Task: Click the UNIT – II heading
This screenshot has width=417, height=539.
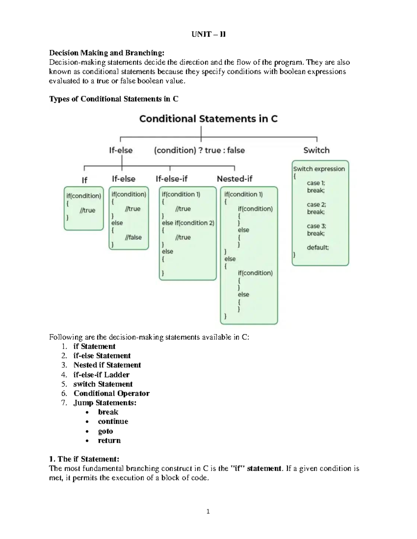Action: [208, 34]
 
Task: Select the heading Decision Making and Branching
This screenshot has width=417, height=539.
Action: [106, 53]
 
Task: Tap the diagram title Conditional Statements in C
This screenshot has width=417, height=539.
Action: [208, 119]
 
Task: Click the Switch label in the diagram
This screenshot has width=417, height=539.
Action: [316, 150]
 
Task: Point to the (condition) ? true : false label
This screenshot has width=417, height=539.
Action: [199, 150]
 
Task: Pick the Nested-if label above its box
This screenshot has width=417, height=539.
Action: [235, 179]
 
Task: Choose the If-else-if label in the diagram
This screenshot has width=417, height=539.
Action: [171, 179]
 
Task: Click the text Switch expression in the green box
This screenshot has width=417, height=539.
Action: [319, 169]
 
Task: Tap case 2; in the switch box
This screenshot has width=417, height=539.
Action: [316, 204]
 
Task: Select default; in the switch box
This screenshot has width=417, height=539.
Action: [318, 247]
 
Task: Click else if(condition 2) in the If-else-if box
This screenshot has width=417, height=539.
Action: [188, 223]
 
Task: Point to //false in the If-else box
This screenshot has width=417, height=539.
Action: [133, 237]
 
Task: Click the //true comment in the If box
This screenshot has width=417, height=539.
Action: [87, 210]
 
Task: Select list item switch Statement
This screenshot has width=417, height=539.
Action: [103, 384]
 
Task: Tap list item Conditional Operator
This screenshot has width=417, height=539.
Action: [111, 393]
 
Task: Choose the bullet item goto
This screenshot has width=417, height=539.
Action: [105, 431]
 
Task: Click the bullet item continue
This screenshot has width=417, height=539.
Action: [113, 421]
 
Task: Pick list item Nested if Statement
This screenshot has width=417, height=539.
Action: [107, 365]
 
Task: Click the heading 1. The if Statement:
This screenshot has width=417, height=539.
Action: [84, 459]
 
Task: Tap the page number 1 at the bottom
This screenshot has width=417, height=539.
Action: [208, 511]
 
